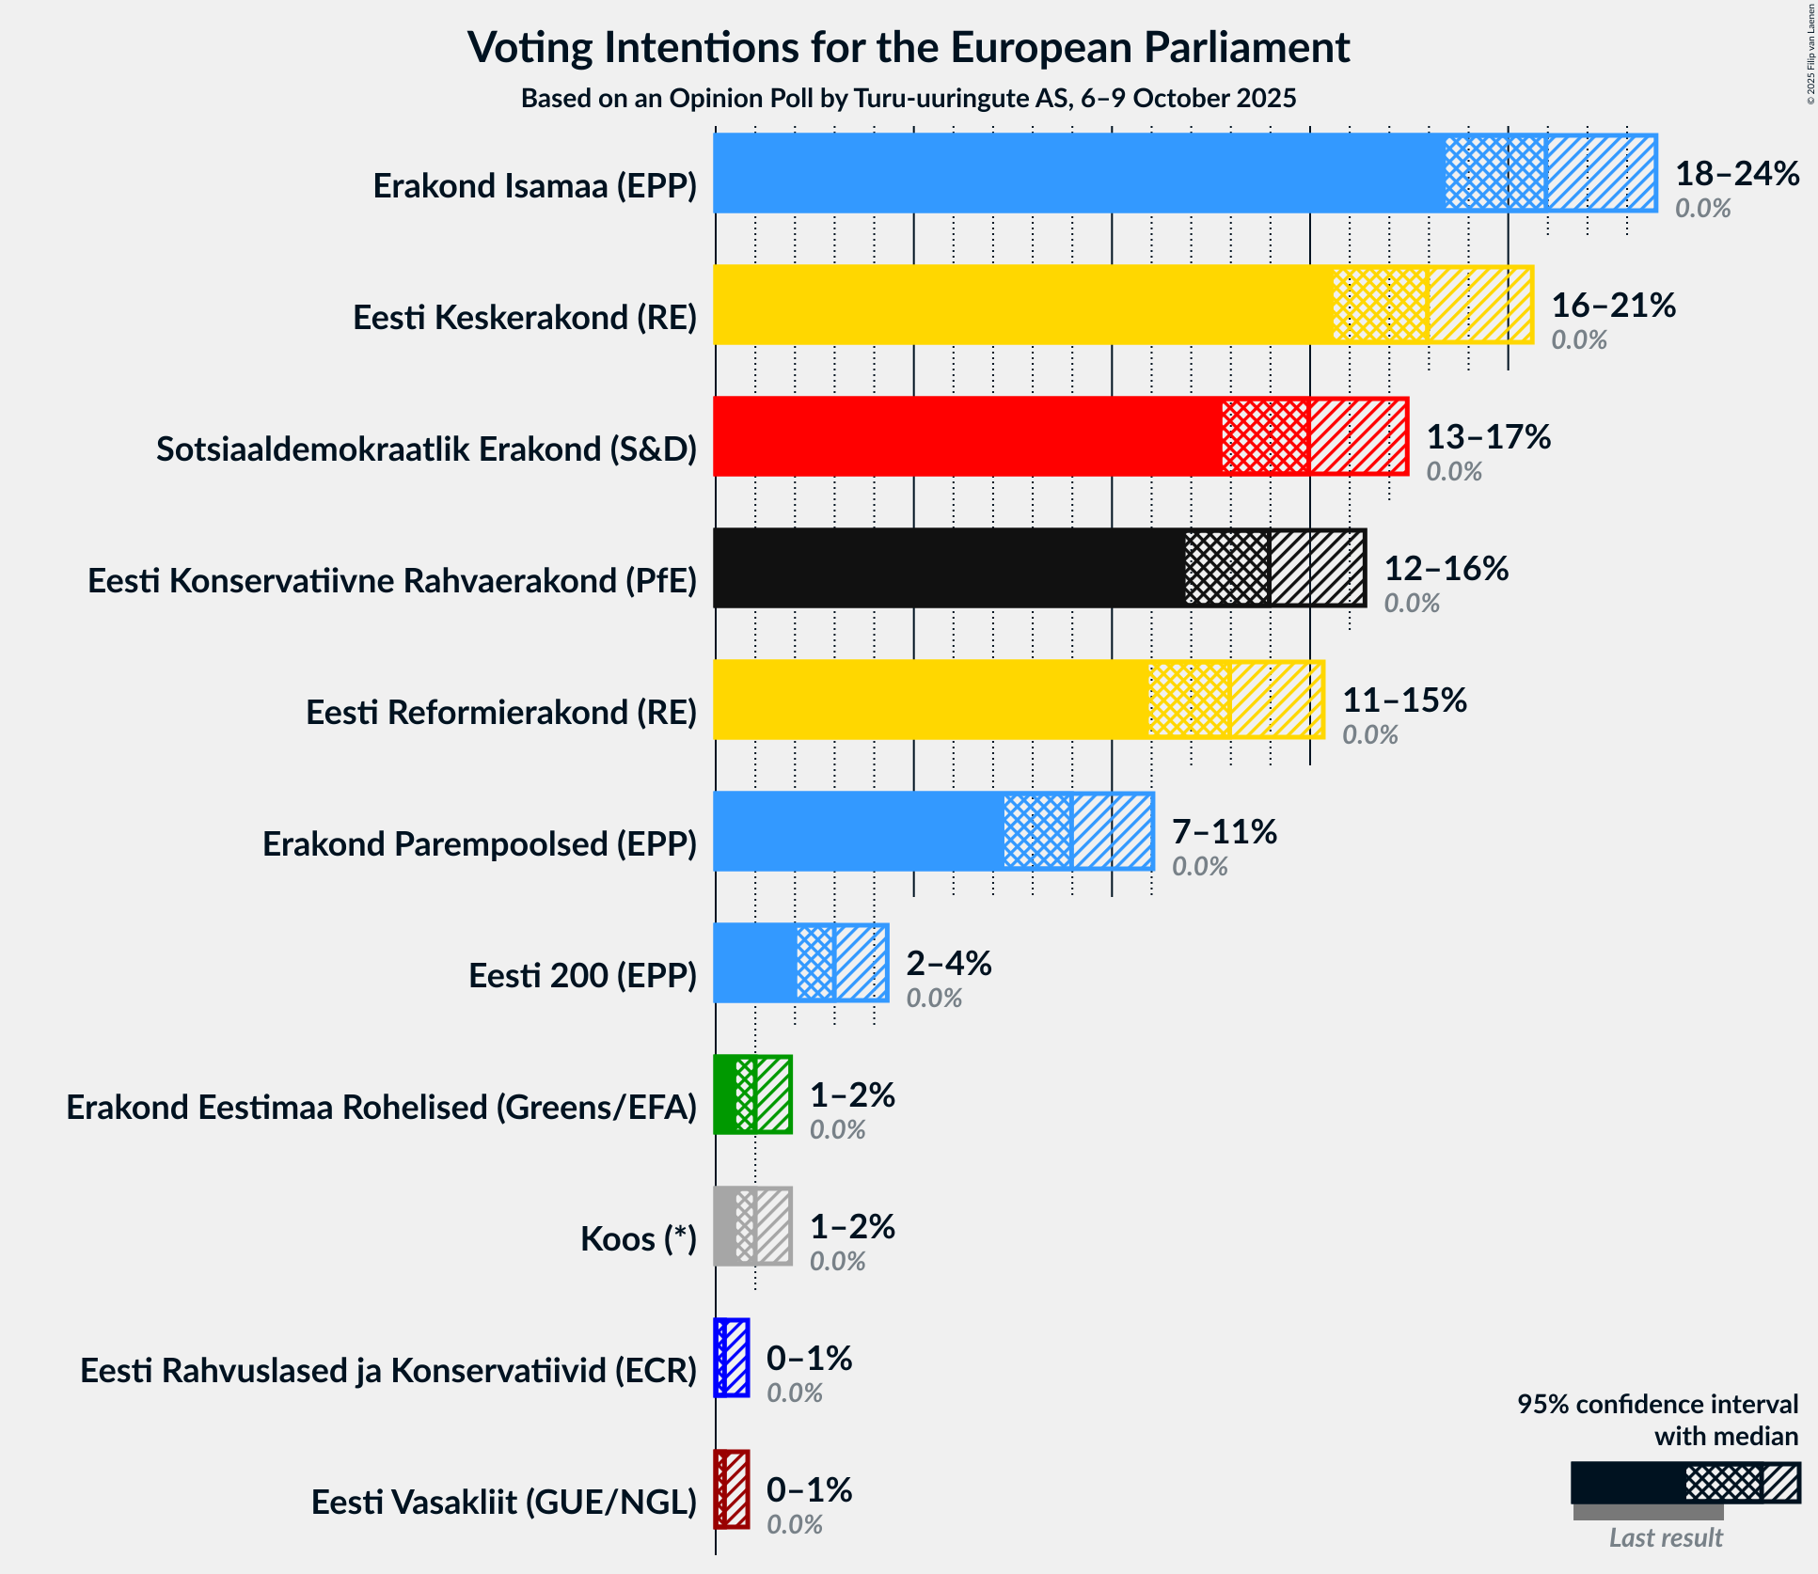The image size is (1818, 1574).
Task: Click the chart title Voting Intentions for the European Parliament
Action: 909,47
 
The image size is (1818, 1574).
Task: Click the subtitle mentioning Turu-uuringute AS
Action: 909,98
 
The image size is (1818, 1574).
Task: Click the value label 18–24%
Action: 1736,174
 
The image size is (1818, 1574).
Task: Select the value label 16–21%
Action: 1613,306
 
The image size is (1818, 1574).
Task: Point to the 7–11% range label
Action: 1224,832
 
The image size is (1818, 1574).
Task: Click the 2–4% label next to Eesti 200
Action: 948,964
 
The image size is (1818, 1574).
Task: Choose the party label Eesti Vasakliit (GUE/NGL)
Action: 504,1503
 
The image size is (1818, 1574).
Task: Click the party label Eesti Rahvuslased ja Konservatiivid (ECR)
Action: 388,1371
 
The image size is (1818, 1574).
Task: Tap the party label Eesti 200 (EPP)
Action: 582,976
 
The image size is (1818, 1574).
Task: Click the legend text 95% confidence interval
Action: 1657,1404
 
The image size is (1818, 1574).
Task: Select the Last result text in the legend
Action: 1665,1537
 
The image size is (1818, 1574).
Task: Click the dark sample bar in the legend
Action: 1627,1483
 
